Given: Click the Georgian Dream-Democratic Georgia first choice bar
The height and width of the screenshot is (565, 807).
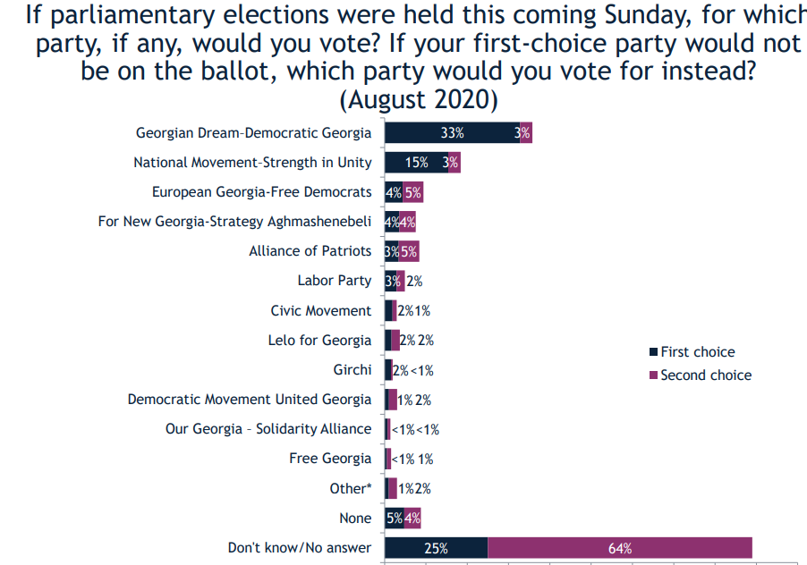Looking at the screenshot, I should pos(452,133).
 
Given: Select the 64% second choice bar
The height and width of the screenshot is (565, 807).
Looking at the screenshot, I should pos(620,547).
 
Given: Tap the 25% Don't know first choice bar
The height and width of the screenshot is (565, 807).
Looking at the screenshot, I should pos(436,547).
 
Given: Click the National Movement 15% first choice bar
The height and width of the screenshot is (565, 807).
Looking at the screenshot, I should pos(416,163).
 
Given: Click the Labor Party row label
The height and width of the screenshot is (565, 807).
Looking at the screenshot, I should pos(334,281).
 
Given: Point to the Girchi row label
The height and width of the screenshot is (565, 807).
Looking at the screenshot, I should pos(352,370).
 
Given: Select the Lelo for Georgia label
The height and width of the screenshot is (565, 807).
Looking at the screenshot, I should pos(319,341).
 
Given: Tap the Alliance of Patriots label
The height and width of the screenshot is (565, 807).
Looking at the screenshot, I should pos(310,251).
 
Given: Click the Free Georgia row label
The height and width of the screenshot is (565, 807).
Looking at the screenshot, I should pos(329,459).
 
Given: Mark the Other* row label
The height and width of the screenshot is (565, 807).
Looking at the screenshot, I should pos(350,488).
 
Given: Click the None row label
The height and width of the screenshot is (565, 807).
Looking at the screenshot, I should pos(355,519).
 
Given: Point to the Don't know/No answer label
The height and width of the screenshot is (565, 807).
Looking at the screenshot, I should pos(299,547).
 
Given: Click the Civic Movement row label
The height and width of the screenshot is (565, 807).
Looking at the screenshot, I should pos(320,311).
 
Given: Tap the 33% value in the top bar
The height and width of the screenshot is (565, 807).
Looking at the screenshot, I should pos(452,133).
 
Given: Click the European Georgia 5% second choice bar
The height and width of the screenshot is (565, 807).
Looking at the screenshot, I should pos(412,192).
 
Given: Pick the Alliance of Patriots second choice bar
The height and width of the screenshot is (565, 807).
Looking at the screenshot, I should pos(409,251).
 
